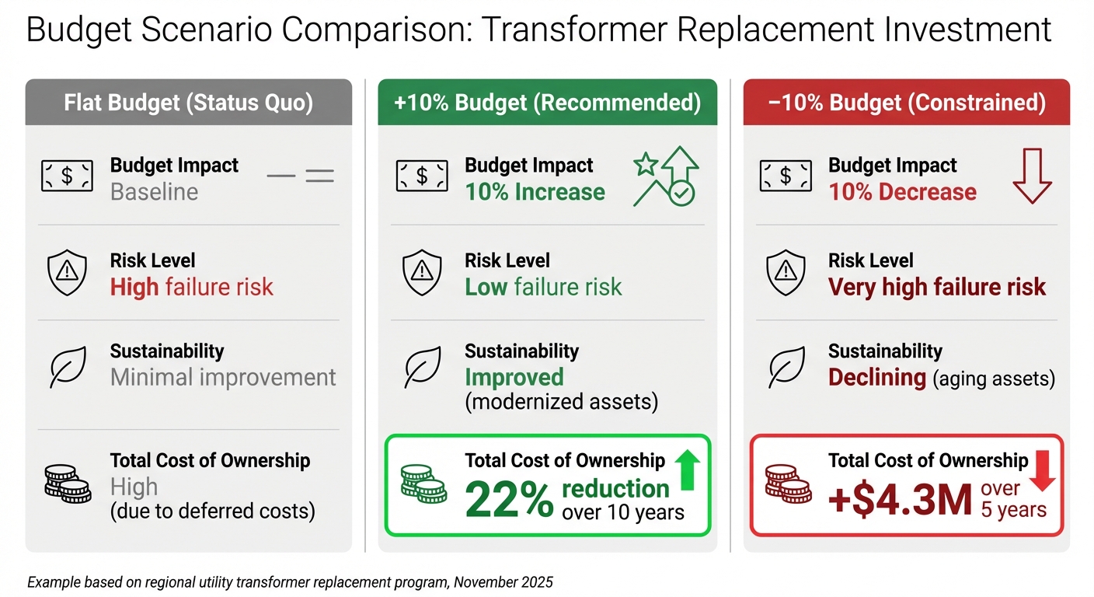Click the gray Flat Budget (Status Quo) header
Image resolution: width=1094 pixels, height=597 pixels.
point(189,103)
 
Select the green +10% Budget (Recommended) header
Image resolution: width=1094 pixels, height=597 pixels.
point(547,103)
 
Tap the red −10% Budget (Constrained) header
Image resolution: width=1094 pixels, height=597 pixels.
point(906,103)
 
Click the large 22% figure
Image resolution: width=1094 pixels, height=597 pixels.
point(510,500)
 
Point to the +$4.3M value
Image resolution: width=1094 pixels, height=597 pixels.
point(900,500)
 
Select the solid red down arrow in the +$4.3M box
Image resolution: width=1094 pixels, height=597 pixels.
point(1042,472)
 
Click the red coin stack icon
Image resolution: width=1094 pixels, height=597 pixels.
point(788,484)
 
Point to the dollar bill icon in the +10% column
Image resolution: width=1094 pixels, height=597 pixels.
point(422,176)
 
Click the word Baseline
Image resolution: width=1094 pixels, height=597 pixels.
point(154,192)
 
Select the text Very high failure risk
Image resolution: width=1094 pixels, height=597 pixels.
point(937,287)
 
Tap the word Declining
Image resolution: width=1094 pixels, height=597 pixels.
point(876,378)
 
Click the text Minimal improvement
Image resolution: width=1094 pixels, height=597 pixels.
point(223,378)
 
